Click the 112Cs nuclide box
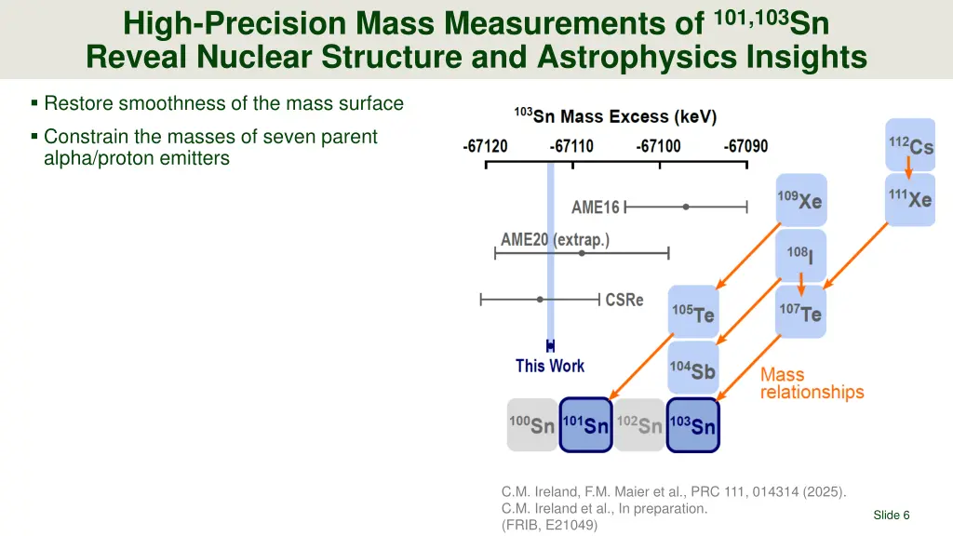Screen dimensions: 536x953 point(909,145)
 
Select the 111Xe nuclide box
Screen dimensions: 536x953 point(909,199)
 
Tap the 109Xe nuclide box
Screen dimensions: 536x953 point(799,199)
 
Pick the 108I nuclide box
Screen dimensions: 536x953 point(799,254)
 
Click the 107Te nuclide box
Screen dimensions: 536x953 point(799,312)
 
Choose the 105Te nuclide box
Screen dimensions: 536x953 point(692,312)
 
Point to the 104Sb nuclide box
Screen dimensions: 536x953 point(692,368)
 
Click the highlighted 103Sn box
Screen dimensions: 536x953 point(692,425)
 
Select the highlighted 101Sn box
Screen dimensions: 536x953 point(585,425)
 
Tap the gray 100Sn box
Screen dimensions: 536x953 point(531,425)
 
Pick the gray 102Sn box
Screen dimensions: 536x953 point(639,425)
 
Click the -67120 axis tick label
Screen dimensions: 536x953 point(485,146)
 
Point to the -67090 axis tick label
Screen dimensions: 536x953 point(746,146)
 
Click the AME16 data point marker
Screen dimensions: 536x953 point(686,207)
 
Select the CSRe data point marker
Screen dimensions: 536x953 point(540,300)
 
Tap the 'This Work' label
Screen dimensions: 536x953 point(550,366)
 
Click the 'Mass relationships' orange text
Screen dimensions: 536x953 point(812,382)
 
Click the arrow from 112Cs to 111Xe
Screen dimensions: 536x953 point(909,168)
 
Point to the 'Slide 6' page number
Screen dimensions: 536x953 point(891,516)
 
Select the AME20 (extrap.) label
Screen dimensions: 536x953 point(555,239)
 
